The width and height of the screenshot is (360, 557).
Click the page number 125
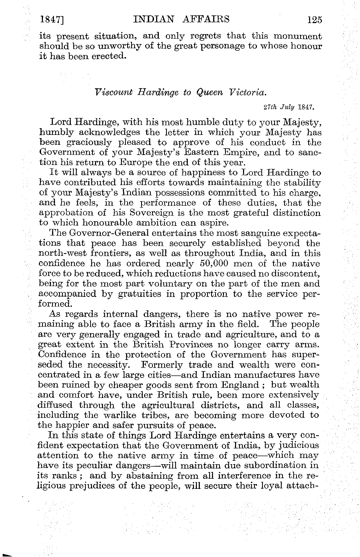pos(315,20)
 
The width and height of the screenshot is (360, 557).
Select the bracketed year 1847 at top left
pos(53,20)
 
